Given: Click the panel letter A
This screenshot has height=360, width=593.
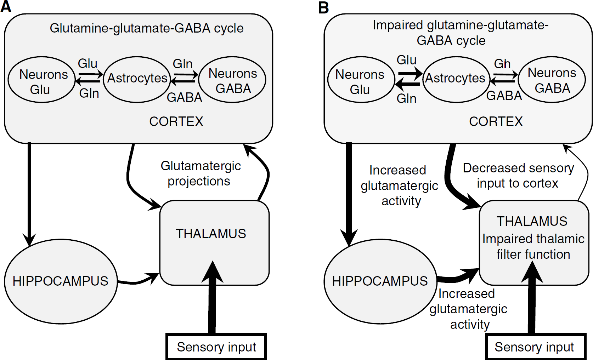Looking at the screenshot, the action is (x=6, y=6).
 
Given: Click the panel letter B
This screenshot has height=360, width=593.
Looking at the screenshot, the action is (x=323, y=7).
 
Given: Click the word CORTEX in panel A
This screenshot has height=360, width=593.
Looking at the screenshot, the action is (x=176, y=121).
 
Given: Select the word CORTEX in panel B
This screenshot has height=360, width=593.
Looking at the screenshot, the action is (x=496, y=121).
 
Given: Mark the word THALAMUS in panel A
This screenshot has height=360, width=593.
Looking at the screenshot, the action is (x=211, y=234).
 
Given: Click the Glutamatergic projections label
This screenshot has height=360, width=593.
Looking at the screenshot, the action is (x=201, y=173).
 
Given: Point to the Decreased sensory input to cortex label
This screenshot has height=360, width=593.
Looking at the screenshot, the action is (x=518, y=176).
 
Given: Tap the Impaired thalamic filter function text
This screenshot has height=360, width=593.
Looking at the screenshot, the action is (x=533, y=246).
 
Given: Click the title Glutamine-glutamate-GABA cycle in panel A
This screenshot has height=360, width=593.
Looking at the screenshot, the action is (x=147, y=28).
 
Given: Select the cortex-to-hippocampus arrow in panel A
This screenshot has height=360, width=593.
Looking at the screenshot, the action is (x=29, y=194).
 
